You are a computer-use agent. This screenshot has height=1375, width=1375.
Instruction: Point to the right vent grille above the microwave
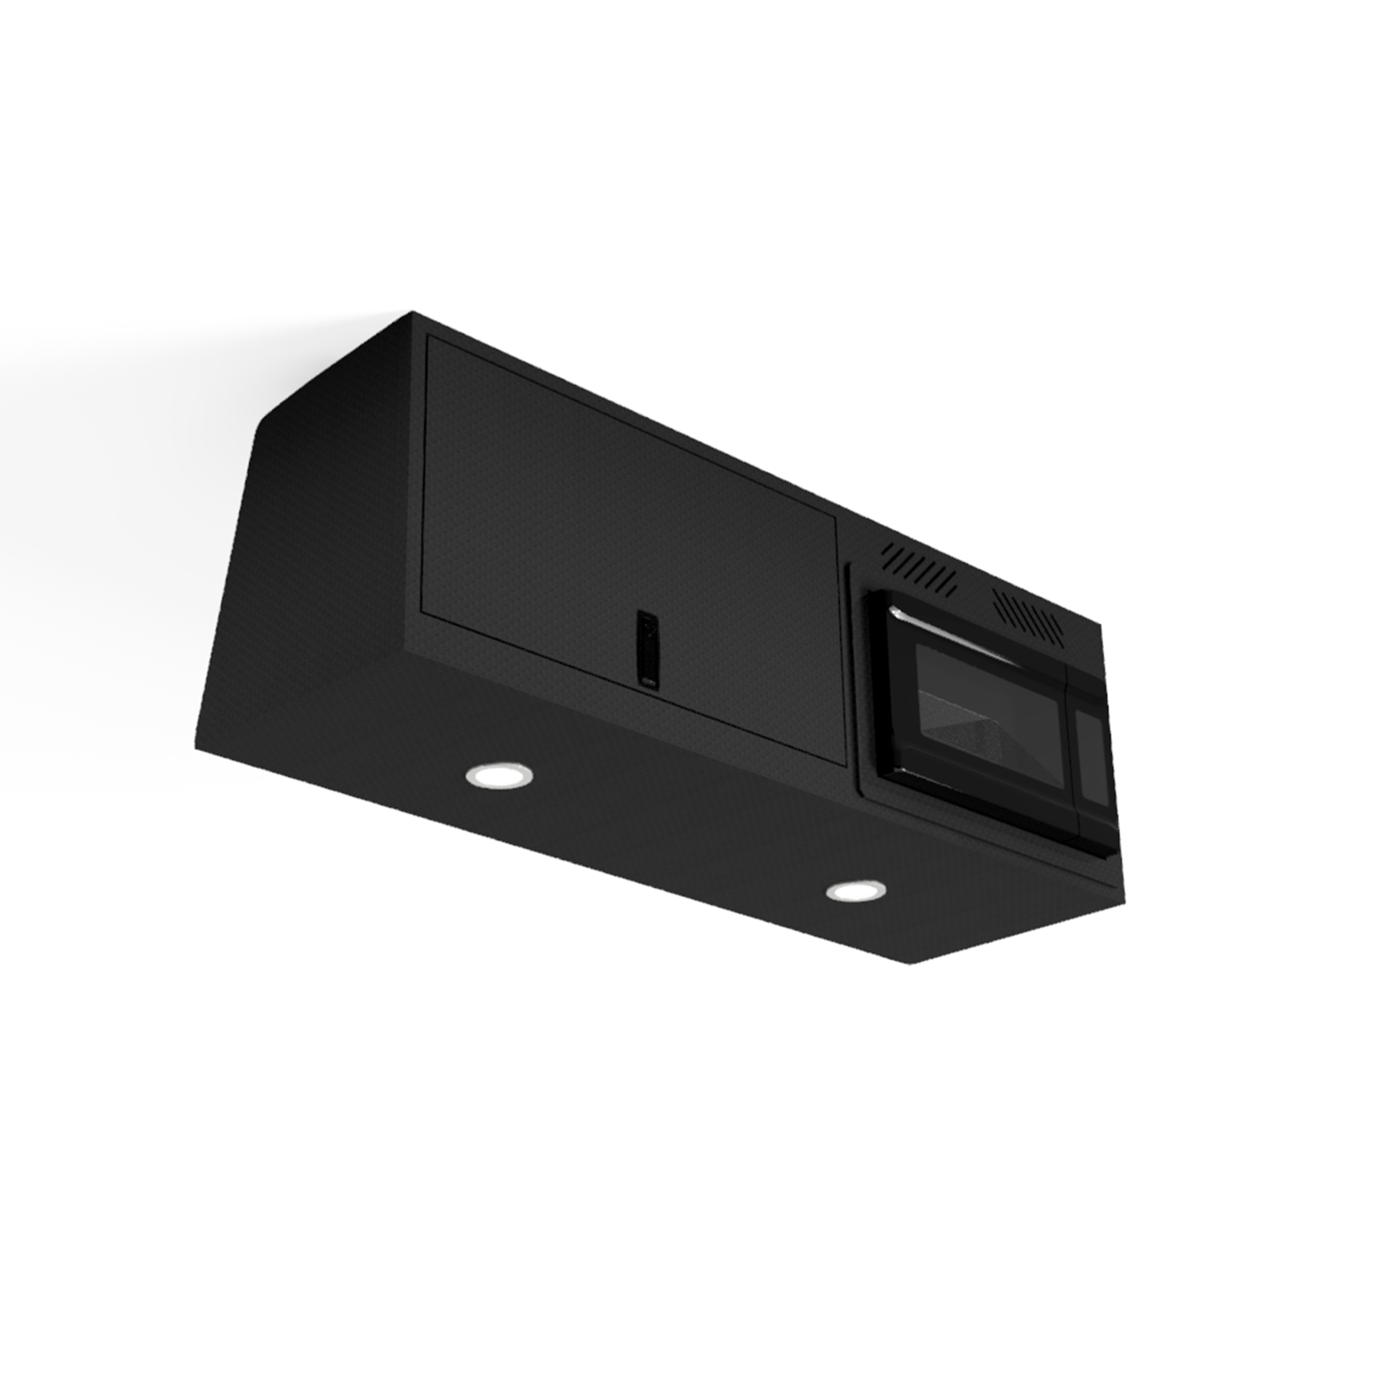click(1028, 614)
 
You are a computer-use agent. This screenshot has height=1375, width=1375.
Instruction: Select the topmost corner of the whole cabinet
click(412, 311)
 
